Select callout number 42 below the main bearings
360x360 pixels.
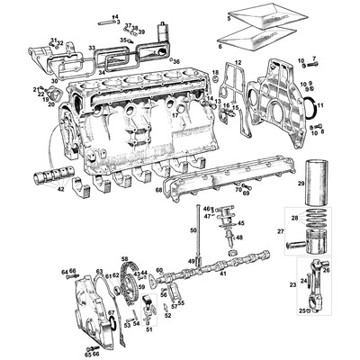click(x=59, y=190)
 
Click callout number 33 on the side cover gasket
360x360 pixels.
click(x=92, y=48)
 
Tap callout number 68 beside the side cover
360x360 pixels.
click(x=157, y=190)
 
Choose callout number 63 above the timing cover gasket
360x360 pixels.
click(x=99, y=271)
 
